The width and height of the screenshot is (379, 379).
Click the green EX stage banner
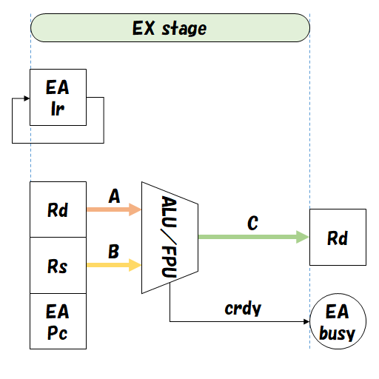[x=170, y=28]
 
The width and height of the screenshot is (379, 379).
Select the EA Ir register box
[x=58, y=98]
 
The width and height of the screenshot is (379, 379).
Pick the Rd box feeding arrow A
[x=58, y=209]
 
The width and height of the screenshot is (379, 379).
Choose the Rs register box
[x=58, y=265]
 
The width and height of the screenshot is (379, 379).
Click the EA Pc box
[x=58, y=321]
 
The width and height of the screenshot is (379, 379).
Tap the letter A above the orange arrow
[x=114, y=196]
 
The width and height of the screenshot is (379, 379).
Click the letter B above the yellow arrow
[x=113, y=252]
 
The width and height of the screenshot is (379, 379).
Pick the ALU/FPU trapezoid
[x=169, y=237]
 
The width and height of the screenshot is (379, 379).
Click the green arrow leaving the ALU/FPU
[x=252, y=237]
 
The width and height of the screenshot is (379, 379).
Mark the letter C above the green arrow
[x=252, y=224]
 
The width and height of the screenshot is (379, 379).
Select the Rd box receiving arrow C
[x=338, y=238]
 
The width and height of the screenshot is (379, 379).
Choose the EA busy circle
[x=338, y=322]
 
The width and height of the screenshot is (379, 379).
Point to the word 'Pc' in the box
[x=58, y=333]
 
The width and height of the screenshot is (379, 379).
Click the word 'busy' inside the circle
[x=338, y=333]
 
